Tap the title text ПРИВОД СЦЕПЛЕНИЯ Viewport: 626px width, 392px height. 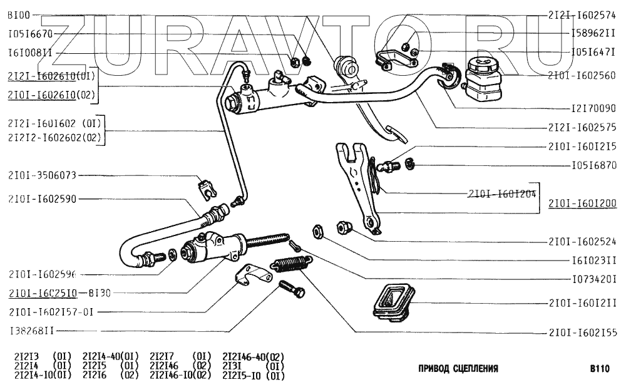(458, 369)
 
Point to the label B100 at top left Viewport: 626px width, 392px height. (19, 14)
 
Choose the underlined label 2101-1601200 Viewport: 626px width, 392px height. (582, 203)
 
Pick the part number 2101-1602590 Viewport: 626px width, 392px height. (43, 199)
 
